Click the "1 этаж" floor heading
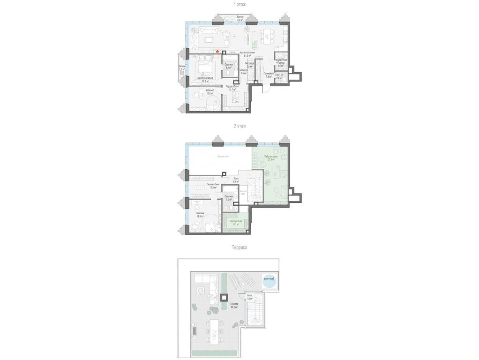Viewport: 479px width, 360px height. click(x=240, y=4)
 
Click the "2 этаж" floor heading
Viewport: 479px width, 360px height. click(x=240, y=126)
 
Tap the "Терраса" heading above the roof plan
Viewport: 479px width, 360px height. click(x=239, y=247)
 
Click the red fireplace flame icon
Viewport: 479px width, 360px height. click(x=217, y=52)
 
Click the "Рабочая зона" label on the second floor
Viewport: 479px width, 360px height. click(x=271, y=158)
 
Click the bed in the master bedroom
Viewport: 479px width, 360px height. click(x=205, y=66)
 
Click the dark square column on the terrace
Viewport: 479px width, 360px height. click(x=225, y=297)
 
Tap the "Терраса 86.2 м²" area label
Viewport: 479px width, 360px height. click(x=234, y=306)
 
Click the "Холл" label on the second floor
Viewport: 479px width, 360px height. click(x=236, y=180)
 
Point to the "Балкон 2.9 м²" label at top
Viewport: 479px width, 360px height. click(x=239, y=19)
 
